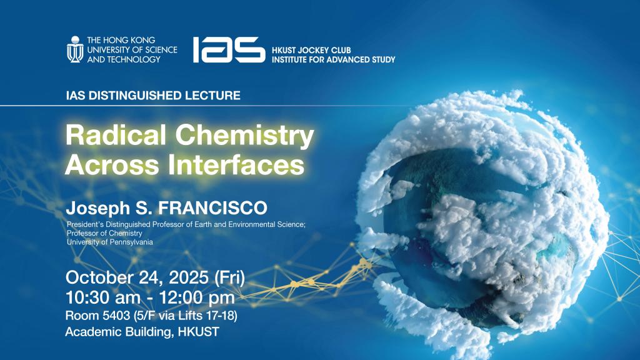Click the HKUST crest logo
pos(75,49)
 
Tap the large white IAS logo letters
pos(229,49)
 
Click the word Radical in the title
pos(116,135)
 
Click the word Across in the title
pos(112,165)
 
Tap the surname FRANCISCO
pos(212,207)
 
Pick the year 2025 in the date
pos(189,277)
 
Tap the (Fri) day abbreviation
pos(230,278)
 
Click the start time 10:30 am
pos(103,297)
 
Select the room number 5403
pos(115,316)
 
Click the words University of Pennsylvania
pos(110,242)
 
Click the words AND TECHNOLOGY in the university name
pos(124,59)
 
